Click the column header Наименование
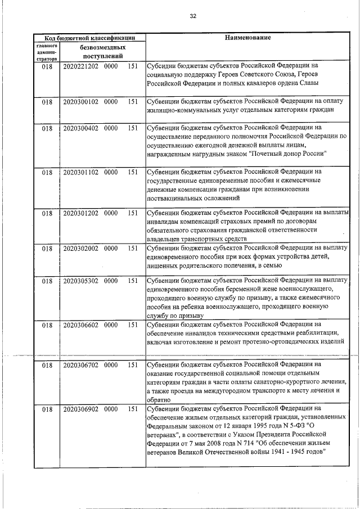pos(247,38)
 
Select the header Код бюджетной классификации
pos(89,38)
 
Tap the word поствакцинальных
pos(177,198)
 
